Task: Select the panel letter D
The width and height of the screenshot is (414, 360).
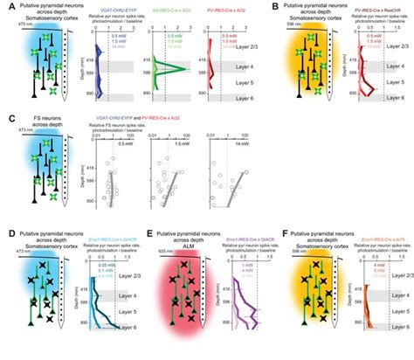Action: point(7,232)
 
